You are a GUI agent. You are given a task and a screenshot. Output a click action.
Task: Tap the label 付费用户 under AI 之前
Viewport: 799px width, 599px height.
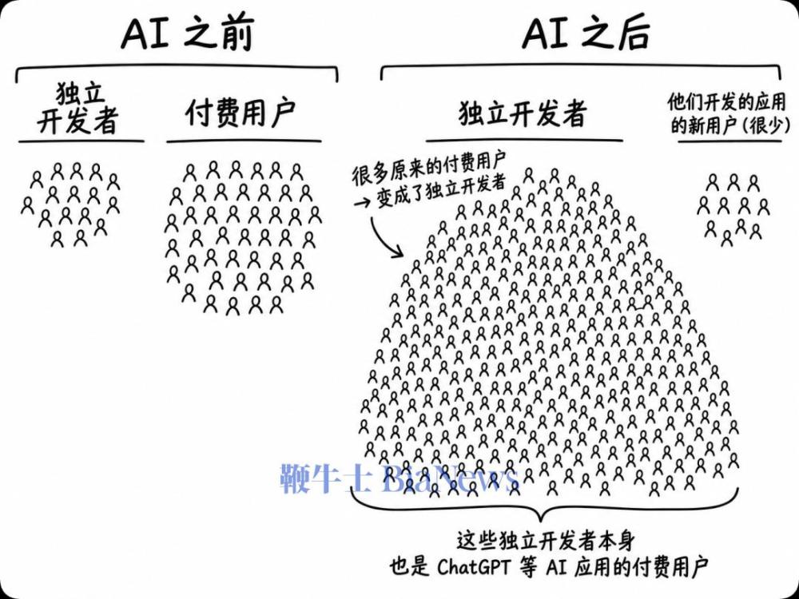coord(240,113)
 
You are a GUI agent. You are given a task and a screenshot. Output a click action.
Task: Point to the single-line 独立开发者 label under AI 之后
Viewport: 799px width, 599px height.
coord(523,113)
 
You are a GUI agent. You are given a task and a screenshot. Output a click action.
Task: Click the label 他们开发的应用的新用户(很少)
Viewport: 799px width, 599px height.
coord(729,113)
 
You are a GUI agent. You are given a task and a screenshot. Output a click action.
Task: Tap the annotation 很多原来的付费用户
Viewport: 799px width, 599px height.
coord(429,169)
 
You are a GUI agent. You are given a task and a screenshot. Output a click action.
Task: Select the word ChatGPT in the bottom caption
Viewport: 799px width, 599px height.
coord(473,566)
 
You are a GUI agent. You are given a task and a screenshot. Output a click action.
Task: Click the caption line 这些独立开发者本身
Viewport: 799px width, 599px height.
coord(545,540)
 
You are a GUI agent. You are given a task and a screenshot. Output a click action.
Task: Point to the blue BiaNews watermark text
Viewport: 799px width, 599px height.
coord(449,478)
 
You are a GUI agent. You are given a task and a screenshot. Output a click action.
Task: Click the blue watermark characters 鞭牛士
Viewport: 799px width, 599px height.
coord(326,478)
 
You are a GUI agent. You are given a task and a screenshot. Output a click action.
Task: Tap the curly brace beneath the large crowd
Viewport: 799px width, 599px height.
coord(544,510)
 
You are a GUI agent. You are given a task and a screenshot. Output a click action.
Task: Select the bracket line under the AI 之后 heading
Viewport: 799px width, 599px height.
coord(581,67)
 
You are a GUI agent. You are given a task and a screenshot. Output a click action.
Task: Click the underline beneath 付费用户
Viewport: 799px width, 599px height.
coord(244,141)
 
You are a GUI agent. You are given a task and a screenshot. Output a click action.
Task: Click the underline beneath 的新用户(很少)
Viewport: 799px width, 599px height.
coord(729,141)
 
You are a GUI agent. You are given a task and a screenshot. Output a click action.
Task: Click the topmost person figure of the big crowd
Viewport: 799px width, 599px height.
coord(529,176)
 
